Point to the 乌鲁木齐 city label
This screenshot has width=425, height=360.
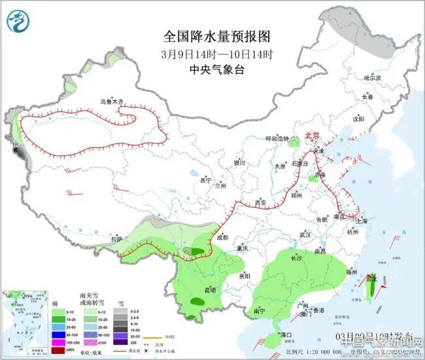click(111, 101)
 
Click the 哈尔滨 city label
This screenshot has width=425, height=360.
click(372, 78)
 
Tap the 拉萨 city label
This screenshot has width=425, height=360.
click(116, 240)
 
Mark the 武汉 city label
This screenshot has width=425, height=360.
click(305, 234)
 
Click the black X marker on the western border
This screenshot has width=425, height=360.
click(14, 150)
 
